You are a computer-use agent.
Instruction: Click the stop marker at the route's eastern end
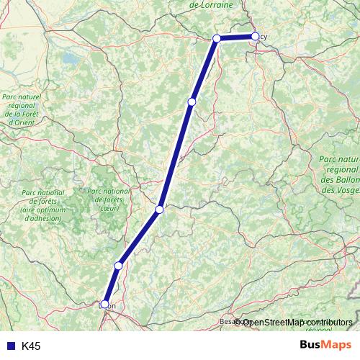tap(255, 36)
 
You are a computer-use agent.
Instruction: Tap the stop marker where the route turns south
tap(217, 38)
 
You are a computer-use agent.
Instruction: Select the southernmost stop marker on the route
tap(105, 304)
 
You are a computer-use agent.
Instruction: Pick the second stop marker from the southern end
tap(118, 265)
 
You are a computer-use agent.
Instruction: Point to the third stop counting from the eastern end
tap(192, 102)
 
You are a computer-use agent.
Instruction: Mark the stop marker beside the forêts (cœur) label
tap(160, 210)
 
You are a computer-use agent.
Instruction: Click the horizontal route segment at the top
tap(235, 37)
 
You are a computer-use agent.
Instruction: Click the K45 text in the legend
tap(31, 346)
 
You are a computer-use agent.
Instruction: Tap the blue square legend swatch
tap(9, 346)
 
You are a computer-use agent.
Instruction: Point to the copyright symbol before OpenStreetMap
tap(238, 322)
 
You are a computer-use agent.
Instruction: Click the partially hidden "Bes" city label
tap(226, 321)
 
